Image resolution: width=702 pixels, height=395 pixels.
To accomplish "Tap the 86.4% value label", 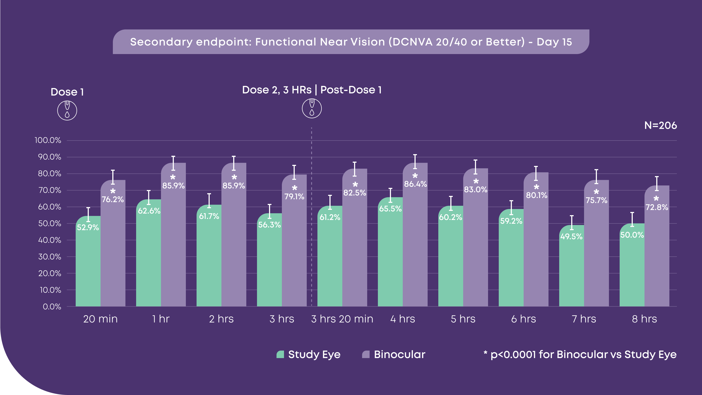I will click(415, 184).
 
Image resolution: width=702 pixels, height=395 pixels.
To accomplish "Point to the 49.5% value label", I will click(571, 237).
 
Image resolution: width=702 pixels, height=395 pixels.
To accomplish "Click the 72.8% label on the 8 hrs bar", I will click(657, 207).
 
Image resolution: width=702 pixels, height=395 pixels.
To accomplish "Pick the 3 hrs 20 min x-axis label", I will click(342, 319).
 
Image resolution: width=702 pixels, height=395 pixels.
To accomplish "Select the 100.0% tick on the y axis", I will click(48, 140).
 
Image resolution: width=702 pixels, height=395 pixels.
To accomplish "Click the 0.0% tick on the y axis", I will click(52, 307).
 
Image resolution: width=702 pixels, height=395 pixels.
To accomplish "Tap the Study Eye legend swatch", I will click(280, 354).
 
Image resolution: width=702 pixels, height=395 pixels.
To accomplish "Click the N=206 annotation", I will click(660, 126).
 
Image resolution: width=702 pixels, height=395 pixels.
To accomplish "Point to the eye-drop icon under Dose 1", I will click(67, 111).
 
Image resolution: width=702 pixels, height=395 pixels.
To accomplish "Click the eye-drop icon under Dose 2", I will click(312, 108).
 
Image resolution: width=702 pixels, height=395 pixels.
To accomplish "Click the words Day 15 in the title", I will click(554, 42).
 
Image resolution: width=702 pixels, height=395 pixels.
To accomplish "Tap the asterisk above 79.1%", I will click(295, 188).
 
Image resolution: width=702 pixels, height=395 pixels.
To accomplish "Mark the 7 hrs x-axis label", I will click(584, 319).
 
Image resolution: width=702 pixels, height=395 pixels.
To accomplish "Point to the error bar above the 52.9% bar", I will click(88, 214).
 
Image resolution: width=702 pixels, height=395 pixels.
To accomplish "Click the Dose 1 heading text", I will click(67, 92).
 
